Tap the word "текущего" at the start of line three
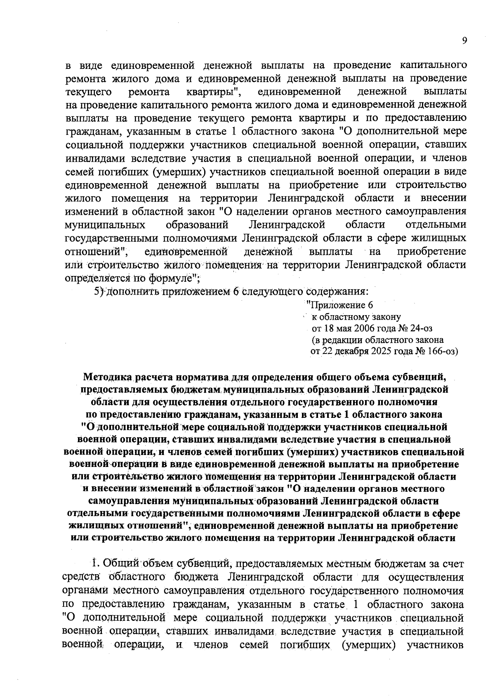point(87,91)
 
